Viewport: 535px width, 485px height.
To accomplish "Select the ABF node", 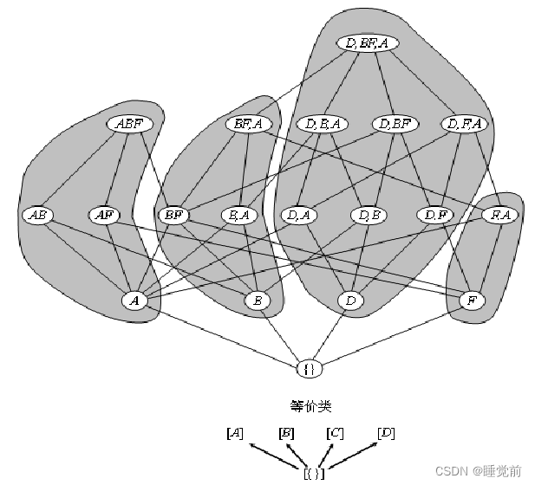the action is click(130, 124).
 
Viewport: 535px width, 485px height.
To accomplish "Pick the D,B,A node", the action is click(323, 124).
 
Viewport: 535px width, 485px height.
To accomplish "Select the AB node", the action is click(38, 214).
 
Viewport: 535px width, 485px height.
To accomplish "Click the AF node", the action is click(104, 214).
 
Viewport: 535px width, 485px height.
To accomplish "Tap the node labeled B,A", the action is click(238, 214).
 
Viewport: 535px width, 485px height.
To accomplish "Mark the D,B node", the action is click(368, 214).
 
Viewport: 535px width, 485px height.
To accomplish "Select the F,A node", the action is click(500, 214).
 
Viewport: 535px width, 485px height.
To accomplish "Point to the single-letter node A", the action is click(134, 301).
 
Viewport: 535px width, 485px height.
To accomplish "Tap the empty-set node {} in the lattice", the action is click(310, 368).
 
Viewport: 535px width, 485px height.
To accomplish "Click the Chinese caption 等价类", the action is click(310, 405).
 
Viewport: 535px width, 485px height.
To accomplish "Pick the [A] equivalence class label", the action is click(234, 432).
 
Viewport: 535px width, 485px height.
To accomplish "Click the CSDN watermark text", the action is click(478, 470).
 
